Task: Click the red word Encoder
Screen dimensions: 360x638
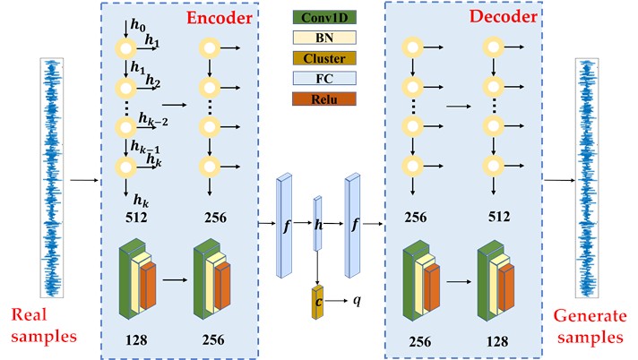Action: click(220, 18)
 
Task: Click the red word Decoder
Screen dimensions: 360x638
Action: click(504, 18)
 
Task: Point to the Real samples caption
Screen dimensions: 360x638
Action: click(44, 328)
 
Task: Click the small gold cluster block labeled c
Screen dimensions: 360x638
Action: click(317, 302)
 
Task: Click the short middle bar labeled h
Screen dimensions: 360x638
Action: click(317, 225)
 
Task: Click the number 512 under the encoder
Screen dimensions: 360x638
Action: click(136, 216)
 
